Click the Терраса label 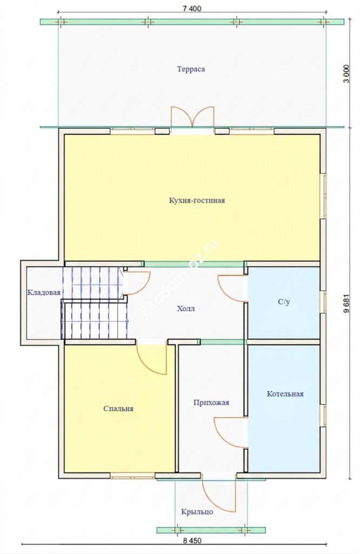[191, 69]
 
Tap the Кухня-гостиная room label [197, 201]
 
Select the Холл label [185, 309]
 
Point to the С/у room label [284, 302]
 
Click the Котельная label [285, 394]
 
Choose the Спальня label [118, 409]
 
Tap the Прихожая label [211, 403]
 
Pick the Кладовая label [44, 293]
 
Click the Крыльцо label [197, 512]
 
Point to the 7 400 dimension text [192, 9]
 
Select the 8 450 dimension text [192, 541]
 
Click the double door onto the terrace [192, 117]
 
